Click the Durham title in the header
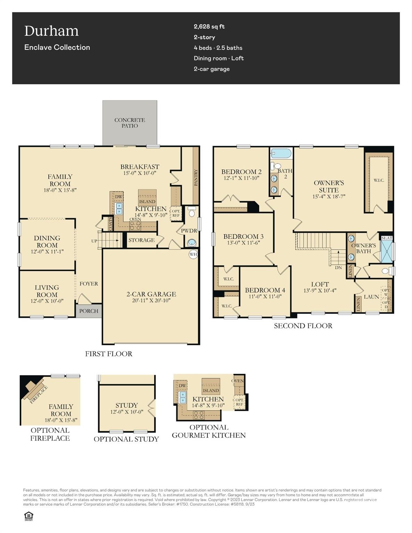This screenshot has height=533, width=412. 51,31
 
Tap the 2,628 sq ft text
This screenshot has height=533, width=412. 209,26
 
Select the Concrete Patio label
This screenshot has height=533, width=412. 130,123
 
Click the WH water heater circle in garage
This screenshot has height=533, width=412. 193,254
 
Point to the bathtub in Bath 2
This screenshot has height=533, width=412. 281,153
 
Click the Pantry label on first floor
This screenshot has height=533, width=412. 196,178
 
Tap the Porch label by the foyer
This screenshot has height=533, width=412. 89,311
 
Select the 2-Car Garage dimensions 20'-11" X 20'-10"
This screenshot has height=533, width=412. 151,301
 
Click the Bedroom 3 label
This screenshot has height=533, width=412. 243,237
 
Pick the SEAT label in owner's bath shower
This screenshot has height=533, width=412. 387,238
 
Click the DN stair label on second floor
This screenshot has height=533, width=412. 338,268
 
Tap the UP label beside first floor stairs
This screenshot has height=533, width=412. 94,241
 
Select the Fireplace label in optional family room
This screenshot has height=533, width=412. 39,395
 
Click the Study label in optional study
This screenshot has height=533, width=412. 126,405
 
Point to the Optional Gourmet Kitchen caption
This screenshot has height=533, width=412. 209,431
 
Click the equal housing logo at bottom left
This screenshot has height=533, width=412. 28,516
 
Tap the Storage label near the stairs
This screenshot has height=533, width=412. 141,240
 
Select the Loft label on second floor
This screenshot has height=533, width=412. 320,284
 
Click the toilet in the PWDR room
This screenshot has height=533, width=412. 192,213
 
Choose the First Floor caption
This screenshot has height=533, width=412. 109,354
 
